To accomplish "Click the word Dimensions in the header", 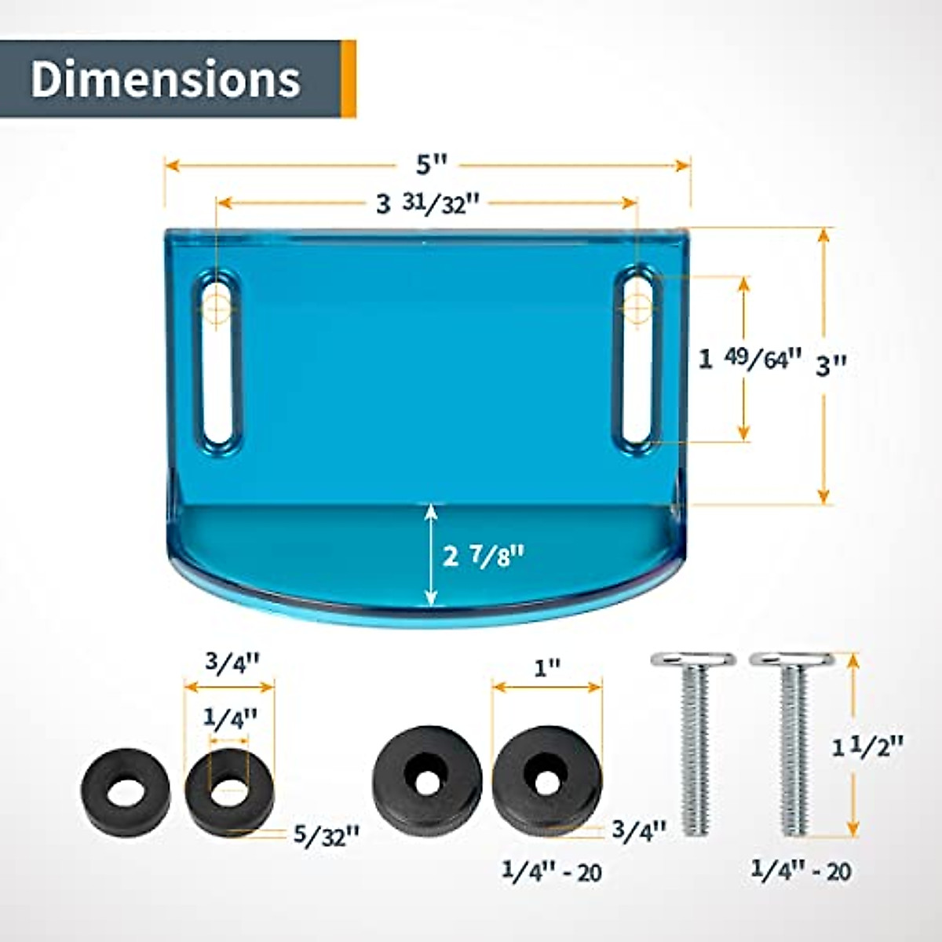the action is pyautogui.click(x=165, y=79).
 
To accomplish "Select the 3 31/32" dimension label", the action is pyautogui.click(x=427, y=204).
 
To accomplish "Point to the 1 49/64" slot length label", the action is pyautogui.click(x=751, y=360).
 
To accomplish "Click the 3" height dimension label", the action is pyautogui.click(x=831, y=365).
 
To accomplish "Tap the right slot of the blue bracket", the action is pyautogui.click(x=637, y=360).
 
